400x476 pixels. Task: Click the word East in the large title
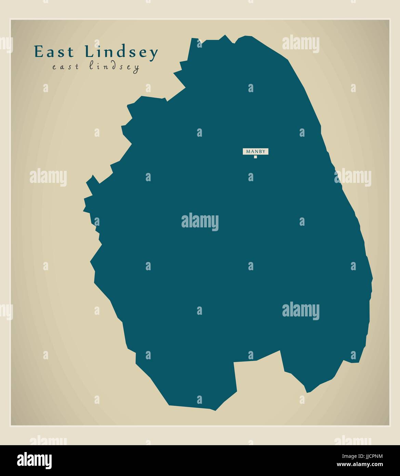click(x=54, y=52)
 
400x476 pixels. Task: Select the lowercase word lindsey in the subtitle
click(x=114, y=67)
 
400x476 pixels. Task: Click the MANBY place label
click(x=256, y=151)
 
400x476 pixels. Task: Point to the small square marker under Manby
click(x=255, y=157)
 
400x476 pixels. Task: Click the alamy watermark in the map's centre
click(x=200, y=222)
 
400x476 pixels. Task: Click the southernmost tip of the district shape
click(x=215, y=410)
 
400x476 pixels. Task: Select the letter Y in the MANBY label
click(x=264, y=151)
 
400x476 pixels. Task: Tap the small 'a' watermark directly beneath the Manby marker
click(x=251, y=177)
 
